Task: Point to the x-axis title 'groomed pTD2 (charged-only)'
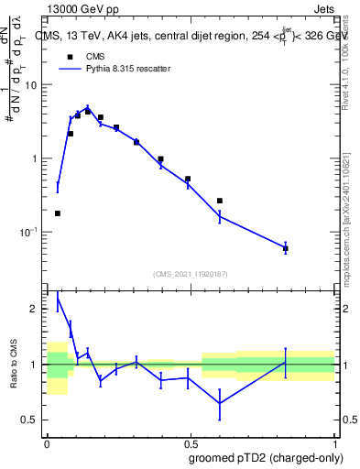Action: pyautogui.click(x=266, y=457)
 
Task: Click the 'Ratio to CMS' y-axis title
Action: pyautogui.click(x=14, y=365)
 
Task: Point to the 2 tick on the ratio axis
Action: pyautogui.click(x=37, y=310)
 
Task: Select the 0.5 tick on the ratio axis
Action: pyautogui.click(x=32, y=420)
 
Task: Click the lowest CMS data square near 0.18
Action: pyautogui.click(x=58, y=213)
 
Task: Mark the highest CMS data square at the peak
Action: pyautogui.click(x=88, y=111)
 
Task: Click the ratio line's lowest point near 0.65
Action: pyautogui.click(x=220, y=403)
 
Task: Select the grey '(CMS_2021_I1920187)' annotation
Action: pyautogui.click(x=191, y=274)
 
